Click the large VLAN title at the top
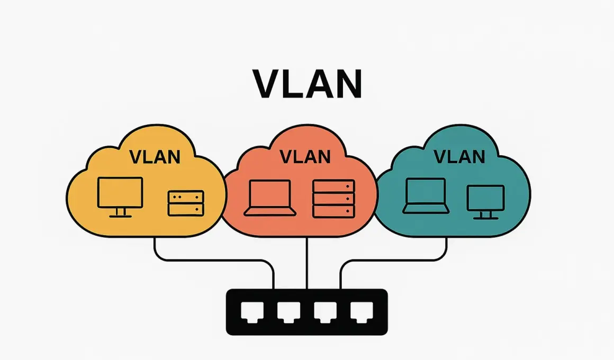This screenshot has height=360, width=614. (x=307, y=84)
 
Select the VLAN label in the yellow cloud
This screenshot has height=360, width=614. (x=155, y=157)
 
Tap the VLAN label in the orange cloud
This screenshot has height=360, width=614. (x=305, y=157)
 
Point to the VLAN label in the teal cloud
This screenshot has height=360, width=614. (x=459, y=157)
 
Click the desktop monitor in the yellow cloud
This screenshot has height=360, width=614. (x=120, y=193)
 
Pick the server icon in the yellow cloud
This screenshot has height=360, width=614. (x=186, y=203)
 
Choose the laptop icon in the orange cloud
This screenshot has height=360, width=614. (x=270, y=197)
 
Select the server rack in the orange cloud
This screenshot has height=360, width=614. (x=333, y=199)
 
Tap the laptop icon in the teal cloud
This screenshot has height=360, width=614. (x=426, y=195)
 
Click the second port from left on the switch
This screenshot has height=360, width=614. (x=286, y=312)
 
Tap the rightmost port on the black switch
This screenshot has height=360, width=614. (x=359, y=312)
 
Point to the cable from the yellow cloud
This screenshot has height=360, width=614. (x=212, y=260)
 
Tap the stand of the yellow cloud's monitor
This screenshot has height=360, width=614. (x=120, y=212)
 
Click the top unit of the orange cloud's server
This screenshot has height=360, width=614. (x=333, y=186)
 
